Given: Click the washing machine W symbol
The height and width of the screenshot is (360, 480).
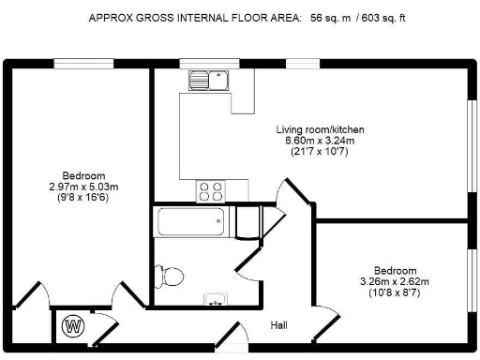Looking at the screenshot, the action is [73, 326].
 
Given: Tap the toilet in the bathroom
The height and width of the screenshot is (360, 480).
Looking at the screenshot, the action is [170, 277].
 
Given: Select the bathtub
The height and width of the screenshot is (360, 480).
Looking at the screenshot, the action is [191, 221].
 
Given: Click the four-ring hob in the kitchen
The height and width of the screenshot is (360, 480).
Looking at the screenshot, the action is [211, 191].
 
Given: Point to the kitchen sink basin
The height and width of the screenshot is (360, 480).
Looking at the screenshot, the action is [218, 81].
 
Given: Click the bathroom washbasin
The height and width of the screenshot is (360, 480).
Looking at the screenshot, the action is [216, 299].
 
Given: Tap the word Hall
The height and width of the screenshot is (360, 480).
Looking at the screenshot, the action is [278, 325].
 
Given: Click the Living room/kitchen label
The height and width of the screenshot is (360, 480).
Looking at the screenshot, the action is [320, 129].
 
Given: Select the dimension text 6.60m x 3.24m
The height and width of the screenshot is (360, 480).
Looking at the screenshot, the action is [320, 141].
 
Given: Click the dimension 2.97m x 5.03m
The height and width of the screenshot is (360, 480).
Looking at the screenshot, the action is [83, 187].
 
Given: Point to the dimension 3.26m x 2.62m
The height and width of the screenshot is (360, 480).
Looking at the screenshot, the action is [395, 281].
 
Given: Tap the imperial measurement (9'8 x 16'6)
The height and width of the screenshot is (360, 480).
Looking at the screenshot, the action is [83, 198].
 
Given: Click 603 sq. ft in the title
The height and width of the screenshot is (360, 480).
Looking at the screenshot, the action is [383, 18].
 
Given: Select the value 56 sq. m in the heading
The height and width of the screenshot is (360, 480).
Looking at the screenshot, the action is [330, 18].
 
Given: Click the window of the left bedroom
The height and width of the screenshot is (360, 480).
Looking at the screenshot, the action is [83, 64].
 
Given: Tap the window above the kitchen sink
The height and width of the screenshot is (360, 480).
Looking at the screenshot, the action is [209, 64].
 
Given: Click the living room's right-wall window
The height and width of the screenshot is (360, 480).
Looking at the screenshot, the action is [472, 145].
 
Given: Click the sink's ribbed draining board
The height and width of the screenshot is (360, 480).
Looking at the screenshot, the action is [199, 81].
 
